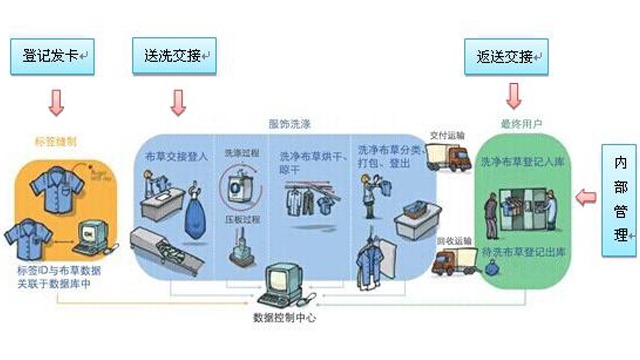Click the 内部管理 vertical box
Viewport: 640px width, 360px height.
tap(620, 199)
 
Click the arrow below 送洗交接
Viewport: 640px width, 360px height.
tap(179, 100)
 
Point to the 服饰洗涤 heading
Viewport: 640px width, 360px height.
tap(291, 123)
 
